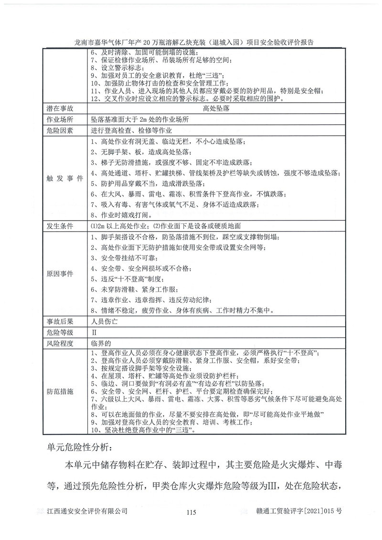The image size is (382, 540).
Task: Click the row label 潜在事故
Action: pyautogui.click(x=60, y=108)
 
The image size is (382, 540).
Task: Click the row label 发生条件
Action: pyautogui.click(x=60, y=225)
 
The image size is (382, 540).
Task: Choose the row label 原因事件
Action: pyautogui.click(x=60, y=274)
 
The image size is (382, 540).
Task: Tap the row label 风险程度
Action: pyautogui.click(x=60, y=342)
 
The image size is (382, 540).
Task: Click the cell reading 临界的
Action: pyautogui.click(x=101, y=342)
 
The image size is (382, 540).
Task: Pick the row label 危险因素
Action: pyautogui.click(x=60, y=130)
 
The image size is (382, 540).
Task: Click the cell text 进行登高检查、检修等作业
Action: pyautogui.click(x=130, y=130)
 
